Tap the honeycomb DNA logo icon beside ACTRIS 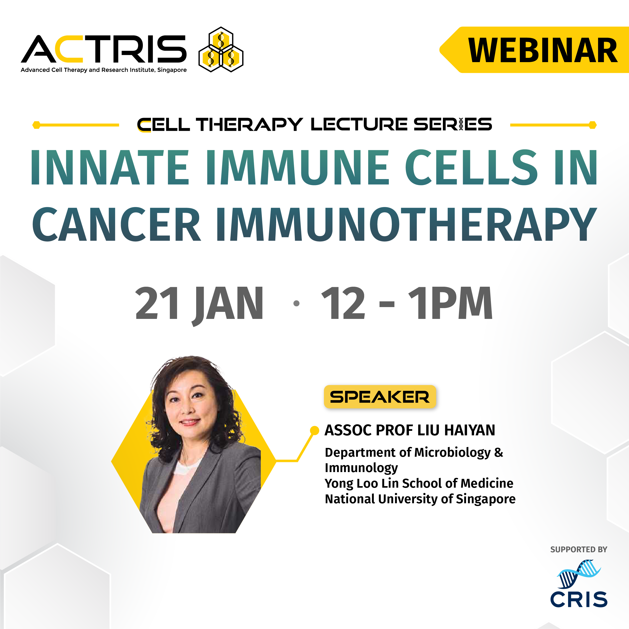(x=221, y=50)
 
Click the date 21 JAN (x=199, y=303)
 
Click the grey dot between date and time (x=296, y=303)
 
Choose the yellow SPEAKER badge (x=380, y=397)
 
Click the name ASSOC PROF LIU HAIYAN (x=409, y=430)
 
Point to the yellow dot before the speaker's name (x=314, y=430)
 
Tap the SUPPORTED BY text (x=578, y=550)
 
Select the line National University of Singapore (x=420, y=499)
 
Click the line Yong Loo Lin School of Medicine (x=419, y=483)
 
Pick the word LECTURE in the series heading (x=359, y=124)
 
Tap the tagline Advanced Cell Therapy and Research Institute (x=104, y=70)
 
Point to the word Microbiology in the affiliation (x=452, y=452)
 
